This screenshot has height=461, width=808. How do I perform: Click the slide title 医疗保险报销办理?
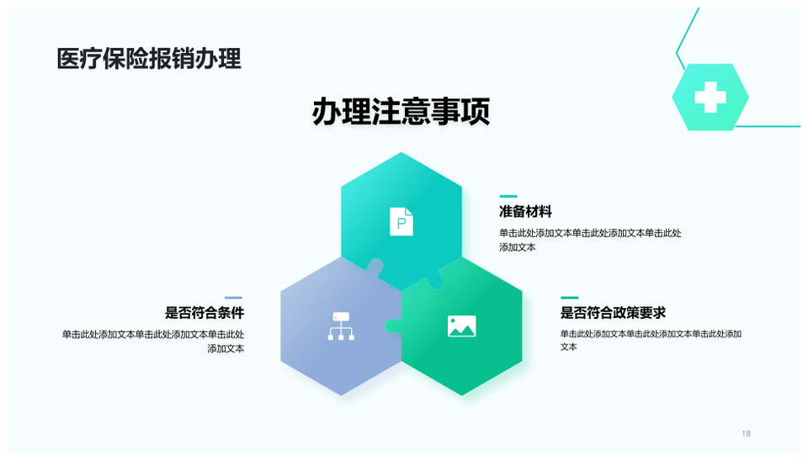click(x=148, y=59)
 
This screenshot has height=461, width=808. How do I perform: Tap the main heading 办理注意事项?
click(x=401, y=111)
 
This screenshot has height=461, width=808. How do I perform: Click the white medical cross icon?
click(x=710, y=97)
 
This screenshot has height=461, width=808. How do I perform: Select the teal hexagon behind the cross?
click(x=710, y=97)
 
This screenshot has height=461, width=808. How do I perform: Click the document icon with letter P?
click(x=401, y=221)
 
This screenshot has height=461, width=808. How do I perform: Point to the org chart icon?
click(x=341, y=326)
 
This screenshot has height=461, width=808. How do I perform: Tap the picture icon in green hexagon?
click(x=462, y=326)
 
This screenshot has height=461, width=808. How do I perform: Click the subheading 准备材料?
click(x=525, y=211)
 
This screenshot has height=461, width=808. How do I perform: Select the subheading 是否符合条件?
click(x=205, y=312)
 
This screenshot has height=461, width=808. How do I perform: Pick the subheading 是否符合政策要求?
click(x=614, y=312)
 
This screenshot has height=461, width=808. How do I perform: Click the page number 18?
click(x=747, y=433)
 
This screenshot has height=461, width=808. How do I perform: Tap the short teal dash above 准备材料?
click(x=508, y=196)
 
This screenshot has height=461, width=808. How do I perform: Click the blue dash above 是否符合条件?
click(x=233, y=298)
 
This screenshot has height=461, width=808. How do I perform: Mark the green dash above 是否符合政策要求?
click(x=570, y=298)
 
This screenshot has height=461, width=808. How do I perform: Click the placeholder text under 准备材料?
click(x=590, y=240)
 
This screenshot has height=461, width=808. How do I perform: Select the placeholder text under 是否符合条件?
click(x=153, y=342)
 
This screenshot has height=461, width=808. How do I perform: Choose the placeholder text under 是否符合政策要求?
click(x=651, y=340)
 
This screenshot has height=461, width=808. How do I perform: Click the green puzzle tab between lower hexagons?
click(x=393, y=326)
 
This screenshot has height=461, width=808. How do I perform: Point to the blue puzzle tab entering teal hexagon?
click(x=375, y=267)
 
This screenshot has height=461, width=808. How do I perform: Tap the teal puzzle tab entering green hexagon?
click(x=435, y=279)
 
